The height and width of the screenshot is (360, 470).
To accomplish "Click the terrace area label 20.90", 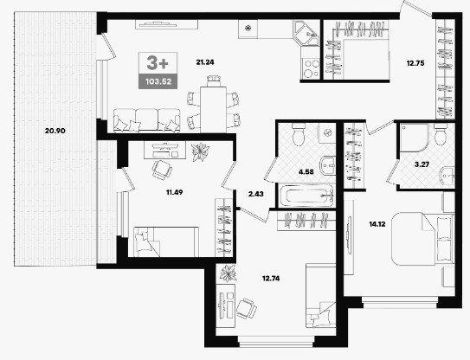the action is [x=55, y=131].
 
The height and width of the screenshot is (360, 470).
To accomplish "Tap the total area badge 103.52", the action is [x=158, y=81].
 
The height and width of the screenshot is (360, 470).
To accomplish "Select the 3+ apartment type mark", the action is [x=158, y=63].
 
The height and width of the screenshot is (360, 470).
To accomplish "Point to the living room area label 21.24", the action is [x=205, y=62].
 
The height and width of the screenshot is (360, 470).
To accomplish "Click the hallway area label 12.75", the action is [x=415, y=63].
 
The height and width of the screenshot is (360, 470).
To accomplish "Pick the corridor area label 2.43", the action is [x=256, y=194].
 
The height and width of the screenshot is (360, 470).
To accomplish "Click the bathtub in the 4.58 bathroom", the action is [x=307, y=196].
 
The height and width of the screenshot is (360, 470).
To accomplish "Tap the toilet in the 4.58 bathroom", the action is [x=298, y=135].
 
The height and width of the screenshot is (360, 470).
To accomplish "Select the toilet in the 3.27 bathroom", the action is [x=441, y=135].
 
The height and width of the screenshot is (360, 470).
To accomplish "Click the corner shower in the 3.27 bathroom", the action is [x=414, y=138].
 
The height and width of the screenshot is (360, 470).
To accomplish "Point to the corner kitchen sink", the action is [x=306, y=33].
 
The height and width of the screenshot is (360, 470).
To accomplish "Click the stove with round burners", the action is [x=311, y=68].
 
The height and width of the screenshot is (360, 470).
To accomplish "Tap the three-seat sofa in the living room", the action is [x=147, y=120].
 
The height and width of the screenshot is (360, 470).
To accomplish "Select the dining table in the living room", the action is [x=213, y=109].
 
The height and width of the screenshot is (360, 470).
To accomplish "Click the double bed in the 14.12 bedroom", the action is [x=423, y=239].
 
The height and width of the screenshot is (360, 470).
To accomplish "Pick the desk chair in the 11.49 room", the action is [x=162, y=170].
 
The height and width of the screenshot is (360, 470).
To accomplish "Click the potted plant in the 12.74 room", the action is [x=229, y=273].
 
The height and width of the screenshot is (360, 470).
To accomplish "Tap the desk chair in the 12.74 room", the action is [x=247, y=308].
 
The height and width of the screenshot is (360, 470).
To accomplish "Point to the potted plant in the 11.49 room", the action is [x=201, y=152].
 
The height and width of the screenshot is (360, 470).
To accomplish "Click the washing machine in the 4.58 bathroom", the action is [x=327, y=132].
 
